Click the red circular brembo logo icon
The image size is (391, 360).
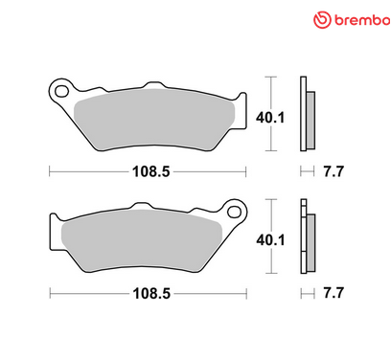coord(323,20)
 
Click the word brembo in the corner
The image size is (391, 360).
coord(355,20)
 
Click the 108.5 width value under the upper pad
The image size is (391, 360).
coord(148,171)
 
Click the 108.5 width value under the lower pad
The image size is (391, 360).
coord(148,292)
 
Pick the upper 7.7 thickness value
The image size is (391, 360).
coord(330,171)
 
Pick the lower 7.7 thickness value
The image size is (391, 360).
coord(330,292)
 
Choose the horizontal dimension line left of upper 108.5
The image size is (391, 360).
coord(86,171)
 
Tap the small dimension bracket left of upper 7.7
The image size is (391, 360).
coord(306,171)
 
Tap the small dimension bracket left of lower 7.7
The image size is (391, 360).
coord(306,292)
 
